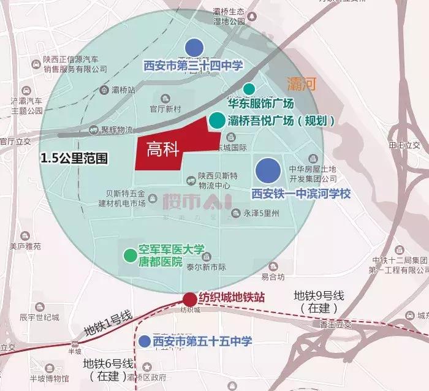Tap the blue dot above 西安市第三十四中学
(194, 47)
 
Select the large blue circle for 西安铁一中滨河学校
(267, 170)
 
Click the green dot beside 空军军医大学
(129, 255)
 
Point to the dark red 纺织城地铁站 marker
(190, 299)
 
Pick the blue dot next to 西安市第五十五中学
(145, 341)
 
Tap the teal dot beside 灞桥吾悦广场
(216, 120)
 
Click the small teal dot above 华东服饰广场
(249, 89)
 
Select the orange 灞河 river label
(301, 85)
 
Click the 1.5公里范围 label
(74, 158)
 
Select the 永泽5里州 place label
(261, 214)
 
